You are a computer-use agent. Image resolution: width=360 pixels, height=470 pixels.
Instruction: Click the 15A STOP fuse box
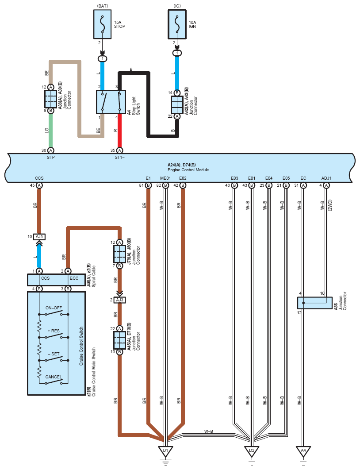pos(103,24)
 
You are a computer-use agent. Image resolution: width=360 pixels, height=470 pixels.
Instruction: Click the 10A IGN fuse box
pos(177,24)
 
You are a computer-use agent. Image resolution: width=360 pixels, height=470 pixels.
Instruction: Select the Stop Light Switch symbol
pos(111,102)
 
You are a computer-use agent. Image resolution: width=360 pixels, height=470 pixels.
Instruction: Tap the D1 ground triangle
pos(165,451)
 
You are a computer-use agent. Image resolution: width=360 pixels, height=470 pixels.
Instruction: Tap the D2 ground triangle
pos(252,451)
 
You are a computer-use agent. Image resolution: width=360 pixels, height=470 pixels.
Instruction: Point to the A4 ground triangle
pos(303,451)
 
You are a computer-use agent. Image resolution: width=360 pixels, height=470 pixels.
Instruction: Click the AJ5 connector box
pos(39,237)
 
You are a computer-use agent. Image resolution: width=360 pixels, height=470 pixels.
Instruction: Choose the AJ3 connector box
pos(119,300)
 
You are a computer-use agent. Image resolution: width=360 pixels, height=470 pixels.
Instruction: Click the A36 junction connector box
pos(315,303)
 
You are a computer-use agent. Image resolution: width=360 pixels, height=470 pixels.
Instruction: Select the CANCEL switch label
pos(54,377)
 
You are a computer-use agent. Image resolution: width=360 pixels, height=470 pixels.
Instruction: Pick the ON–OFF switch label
pos(54,308)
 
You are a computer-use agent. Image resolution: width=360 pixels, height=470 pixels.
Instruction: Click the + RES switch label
pos(54,331)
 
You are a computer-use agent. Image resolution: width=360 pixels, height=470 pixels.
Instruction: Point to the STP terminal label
pos(50,158)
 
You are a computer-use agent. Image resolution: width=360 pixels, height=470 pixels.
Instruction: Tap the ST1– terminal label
pos(119,158)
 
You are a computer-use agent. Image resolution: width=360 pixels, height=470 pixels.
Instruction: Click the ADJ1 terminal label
pos(326,178)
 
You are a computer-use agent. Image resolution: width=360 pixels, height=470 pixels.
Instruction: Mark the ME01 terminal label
pos(165,178)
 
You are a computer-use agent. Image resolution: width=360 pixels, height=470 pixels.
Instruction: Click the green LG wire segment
pos(50,131)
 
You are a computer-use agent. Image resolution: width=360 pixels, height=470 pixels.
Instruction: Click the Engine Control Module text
pos(188,170)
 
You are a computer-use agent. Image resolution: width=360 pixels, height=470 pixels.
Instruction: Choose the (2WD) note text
pos(330,205)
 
